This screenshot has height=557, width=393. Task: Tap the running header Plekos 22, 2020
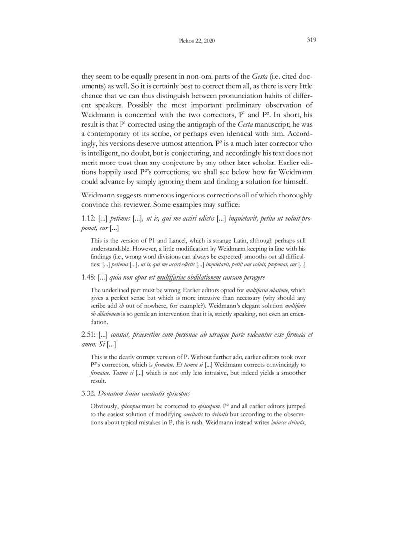pyautogui.click(x=196, y=42)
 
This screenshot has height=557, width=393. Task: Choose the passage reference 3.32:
pyautogui.click(x=91, y=393)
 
